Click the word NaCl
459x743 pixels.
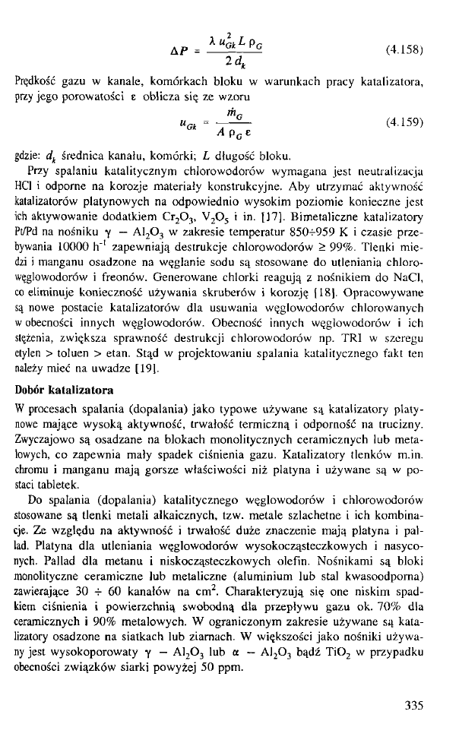pos(410,273)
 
